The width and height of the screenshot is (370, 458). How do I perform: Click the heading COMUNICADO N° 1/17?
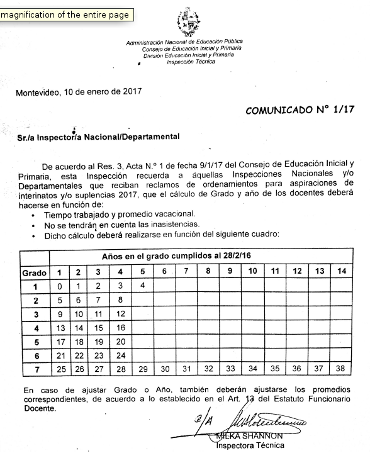(x=300, y=109)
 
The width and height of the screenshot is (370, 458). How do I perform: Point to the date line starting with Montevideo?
(x=79, y=91)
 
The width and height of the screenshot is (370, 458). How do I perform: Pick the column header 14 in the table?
(x=341, y=272)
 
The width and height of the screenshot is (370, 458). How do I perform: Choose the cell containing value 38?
(x=341, y=369)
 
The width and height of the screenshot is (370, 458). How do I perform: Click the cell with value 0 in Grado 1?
(x=60, y=286)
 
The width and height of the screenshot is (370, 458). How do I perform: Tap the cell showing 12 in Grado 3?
(x=121, y=314)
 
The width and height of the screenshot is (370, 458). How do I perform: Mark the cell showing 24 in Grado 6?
(x=121, y=355)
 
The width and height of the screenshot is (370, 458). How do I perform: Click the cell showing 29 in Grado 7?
(x=143, y=369)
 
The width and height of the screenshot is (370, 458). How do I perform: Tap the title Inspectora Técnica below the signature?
(x=250, y=446)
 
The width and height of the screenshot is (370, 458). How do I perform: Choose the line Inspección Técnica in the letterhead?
(x=187, y=62)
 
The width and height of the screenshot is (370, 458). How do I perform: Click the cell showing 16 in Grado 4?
(x=121, y=328)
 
